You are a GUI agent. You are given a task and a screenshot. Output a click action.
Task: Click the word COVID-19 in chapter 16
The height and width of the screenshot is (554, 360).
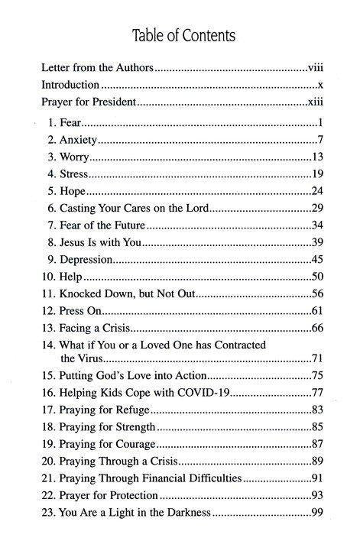coord(203,393)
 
